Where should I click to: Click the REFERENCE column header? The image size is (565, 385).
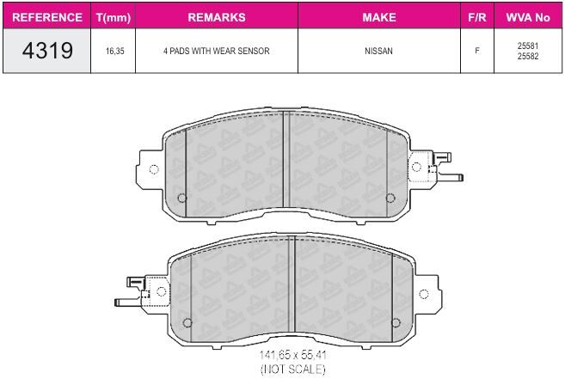(x=46, y=17)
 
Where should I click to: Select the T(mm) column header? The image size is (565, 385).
(x=114, y=17)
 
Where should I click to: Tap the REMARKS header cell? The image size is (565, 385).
(x=217, y=17)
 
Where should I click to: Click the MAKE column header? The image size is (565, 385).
(x=379, y=17)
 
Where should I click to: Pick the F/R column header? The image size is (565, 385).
(x=477, y=17)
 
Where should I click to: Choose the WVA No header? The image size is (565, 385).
(x=528, y=17)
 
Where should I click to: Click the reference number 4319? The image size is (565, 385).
(x=47, y=50)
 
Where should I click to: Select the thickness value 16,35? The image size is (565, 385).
(x=115, y=52)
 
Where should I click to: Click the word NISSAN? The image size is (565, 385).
(x=378, y=52)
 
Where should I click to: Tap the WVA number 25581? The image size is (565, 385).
(x=528, y=46)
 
